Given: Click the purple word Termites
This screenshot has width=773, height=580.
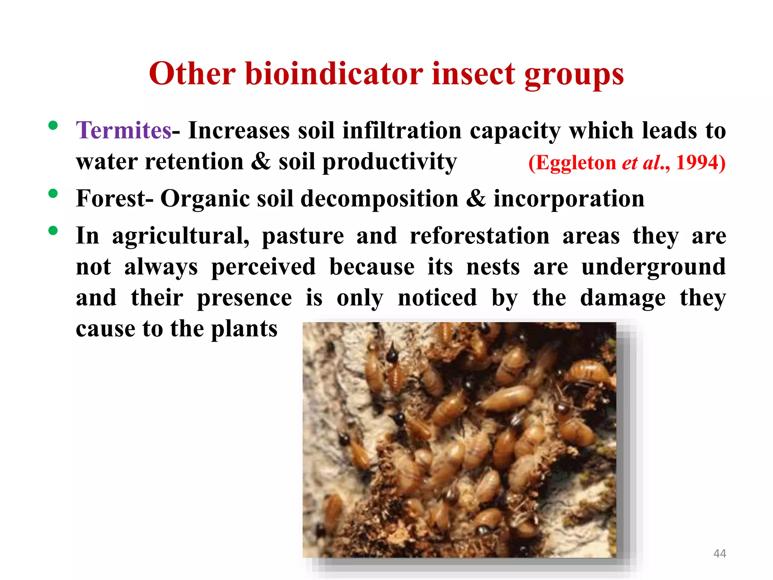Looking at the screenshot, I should pyautogui.click(x=124, y=130).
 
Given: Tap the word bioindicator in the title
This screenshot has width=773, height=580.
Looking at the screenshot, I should pyautogui.click(x=334, y=74).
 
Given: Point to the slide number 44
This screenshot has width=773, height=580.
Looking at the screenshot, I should pyautogui.click(x=719, y=554).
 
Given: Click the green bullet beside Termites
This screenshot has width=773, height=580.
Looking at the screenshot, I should pyautogui.click(x=53, y=126).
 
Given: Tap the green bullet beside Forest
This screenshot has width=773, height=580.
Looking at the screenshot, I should pyautogui.click(x=53, y=194).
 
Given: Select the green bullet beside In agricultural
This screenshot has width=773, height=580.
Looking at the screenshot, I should pyautogui.click(x=53, y=230).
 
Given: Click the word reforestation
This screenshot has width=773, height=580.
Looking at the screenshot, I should pyautogui.click(x=480, y=236).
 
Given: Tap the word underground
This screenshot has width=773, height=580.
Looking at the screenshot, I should pyautogui.click(x=653, y=267).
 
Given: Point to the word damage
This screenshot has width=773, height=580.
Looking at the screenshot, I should pyautogui.click(x=623, y=298).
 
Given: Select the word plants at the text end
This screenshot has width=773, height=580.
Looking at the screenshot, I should pyautogui.click(x=244, y=329).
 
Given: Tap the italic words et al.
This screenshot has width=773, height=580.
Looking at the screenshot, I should pyautogui.click(x=641, y=163).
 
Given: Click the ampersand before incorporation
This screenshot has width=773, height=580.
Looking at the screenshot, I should pyautogui.click(x=476, y=199).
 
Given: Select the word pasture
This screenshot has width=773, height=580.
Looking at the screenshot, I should pyautogui.click(x=303, y=237).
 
